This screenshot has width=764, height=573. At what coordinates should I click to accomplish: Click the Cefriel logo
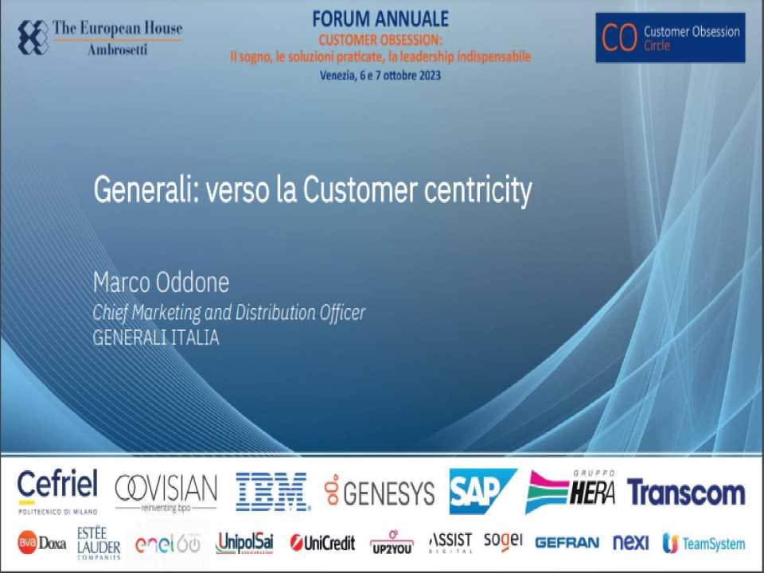(57, 489)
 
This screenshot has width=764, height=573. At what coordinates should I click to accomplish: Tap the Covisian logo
(166, 491)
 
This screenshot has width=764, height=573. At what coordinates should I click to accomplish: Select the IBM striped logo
(272, 491)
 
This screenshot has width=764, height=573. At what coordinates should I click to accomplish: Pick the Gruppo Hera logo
(571, 491)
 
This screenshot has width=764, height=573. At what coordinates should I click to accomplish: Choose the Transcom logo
(686, 493)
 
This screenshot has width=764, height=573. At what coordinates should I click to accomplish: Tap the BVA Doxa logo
(41, 543)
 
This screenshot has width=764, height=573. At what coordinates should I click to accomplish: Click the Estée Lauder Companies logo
(99, 543)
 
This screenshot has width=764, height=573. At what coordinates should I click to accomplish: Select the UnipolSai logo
(244, 543)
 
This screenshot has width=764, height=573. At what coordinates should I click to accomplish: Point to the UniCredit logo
(322, 544)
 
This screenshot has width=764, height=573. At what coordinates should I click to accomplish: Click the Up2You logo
(392, 544)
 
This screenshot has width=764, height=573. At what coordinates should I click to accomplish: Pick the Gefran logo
(567, 544)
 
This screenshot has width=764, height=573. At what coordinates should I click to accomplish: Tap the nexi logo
(631, 544)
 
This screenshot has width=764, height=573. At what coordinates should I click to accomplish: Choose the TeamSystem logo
(704, 544)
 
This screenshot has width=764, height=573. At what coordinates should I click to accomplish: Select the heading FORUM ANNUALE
(380, 18)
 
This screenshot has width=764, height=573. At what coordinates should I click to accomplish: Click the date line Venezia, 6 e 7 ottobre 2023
(380, 76)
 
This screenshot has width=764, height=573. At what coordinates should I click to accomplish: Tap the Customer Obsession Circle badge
(670, 37)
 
